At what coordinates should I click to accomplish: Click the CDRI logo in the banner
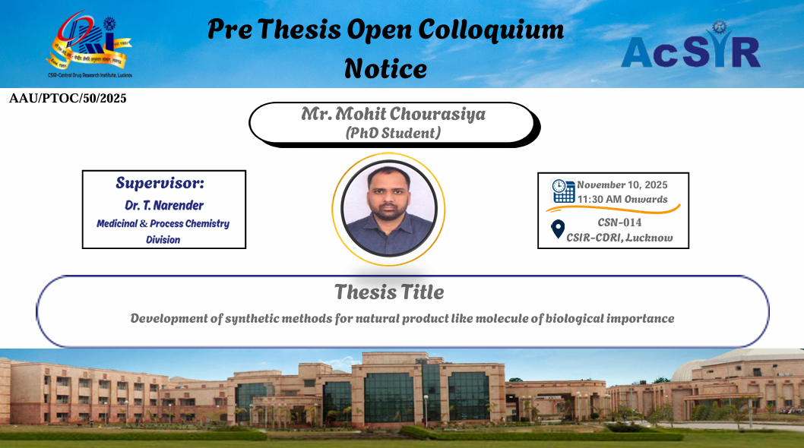(90, 44)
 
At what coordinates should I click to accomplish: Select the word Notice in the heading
(385, 68)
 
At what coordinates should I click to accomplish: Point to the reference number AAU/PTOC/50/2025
(68, 99)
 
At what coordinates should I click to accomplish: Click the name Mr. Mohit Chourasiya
(394, 114)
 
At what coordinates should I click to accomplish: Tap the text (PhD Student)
(394, 134)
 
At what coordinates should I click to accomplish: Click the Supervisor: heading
(160, 183)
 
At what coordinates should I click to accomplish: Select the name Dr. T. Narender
(164, 206)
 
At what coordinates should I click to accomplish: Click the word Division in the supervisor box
(163, 240)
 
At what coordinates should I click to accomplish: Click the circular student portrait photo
(388, 209)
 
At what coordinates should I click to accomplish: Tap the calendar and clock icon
(563, 191)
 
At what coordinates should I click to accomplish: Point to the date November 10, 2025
(622, 185)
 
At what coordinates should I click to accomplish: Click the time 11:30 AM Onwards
(622, 200)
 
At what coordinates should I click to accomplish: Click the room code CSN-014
(619, 222)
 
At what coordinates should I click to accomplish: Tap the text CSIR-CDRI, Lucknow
(619, 238)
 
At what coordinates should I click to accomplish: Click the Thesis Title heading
(389, 292)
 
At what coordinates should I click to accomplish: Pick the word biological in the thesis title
(575, 319)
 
